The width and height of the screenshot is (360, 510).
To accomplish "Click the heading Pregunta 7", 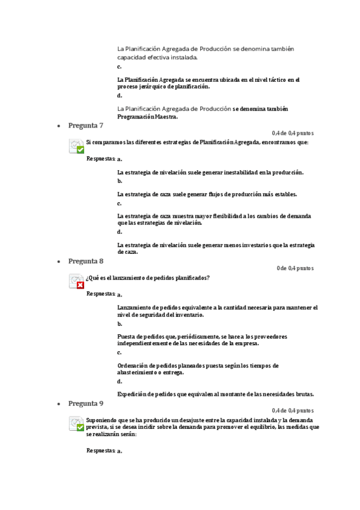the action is coord(85,125).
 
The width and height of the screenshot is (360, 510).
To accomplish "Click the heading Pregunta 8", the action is coord(85,261).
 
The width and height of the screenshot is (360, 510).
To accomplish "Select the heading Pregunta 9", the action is coord(85,403).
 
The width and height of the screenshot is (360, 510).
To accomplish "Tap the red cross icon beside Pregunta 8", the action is coord(80,285).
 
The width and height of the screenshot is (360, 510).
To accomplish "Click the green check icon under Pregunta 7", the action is coord(80,149).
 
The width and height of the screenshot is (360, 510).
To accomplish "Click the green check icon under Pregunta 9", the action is coord(80,427).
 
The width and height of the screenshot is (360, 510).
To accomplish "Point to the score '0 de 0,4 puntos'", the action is coord(294,268).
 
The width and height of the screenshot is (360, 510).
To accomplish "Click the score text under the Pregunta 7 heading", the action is coord(292,133).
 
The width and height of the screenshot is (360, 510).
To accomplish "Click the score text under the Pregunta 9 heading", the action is coord(292,410).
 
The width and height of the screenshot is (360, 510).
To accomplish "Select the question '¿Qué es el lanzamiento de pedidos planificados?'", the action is coord(148,277).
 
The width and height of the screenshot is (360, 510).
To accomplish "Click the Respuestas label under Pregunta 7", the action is coord(100,159).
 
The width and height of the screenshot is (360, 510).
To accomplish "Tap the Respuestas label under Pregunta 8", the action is coord(100,294).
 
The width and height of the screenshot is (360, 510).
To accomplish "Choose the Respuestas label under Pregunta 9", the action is coord(100,450).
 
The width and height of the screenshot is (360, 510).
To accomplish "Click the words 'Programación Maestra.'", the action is coord(143,117).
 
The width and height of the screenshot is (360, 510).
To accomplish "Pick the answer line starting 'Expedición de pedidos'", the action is coord(215,394).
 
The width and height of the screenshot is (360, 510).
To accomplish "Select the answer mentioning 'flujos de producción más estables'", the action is coord(207,194).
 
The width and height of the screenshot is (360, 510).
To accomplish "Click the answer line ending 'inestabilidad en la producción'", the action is coord(210,173).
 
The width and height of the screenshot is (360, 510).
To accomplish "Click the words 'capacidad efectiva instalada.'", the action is coord(157,58).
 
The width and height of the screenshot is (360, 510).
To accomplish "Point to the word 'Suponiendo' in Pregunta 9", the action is coord(102,419).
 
